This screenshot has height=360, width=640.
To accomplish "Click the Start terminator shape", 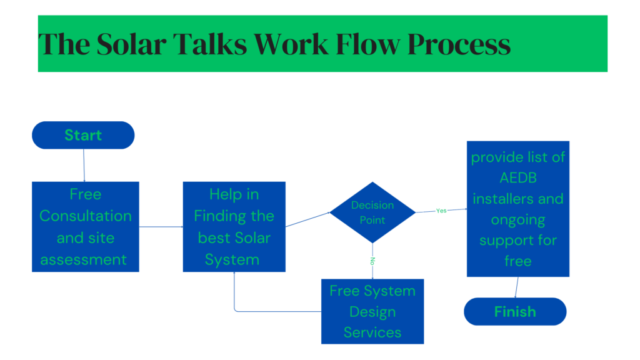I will point(83,135).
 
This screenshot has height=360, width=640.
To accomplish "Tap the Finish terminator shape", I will point(515,311).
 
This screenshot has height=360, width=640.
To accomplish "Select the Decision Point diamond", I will point(372,212).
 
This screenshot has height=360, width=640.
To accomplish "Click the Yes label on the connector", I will point(441,211).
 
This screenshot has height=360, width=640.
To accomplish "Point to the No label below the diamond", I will point(372,259).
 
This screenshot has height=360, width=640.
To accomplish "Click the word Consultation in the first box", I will point(86,216).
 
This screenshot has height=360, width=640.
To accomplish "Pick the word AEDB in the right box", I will point(518,178).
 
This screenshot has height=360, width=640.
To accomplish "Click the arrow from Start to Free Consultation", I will point(84,165).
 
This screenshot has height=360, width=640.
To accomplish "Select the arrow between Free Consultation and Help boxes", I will point(161,227).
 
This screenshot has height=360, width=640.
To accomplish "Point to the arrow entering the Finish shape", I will point(516,287).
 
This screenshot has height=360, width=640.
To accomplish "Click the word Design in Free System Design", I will point(372,312).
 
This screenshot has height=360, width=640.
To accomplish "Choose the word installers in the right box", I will point(518,199).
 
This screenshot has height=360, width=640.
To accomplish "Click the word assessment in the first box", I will point(84,259).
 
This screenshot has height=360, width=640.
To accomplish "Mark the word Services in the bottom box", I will point(372,332).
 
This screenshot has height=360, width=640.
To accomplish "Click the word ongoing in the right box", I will point(518,220).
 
